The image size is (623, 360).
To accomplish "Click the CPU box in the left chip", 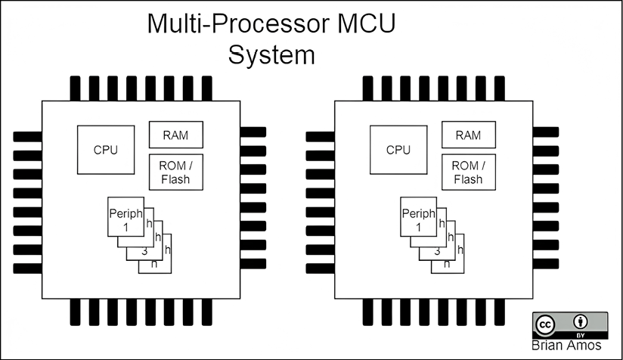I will click(105, 149).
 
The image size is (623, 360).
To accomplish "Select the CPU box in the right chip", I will click(398, 149).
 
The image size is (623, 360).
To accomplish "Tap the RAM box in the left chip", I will click(175, 135).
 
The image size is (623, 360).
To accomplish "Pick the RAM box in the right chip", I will click(467, 135).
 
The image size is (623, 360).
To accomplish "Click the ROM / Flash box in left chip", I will click(175, 172).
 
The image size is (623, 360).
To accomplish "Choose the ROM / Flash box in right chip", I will click(467, 172).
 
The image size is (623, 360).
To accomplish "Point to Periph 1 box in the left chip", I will click(125, 219).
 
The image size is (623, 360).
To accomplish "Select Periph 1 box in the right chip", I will click(417, 219).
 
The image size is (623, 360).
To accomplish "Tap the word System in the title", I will click(271, 55).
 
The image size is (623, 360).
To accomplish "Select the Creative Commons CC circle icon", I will click(545, 324).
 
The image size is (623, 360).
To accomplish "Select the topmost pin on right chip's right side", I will click(546, 132).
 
